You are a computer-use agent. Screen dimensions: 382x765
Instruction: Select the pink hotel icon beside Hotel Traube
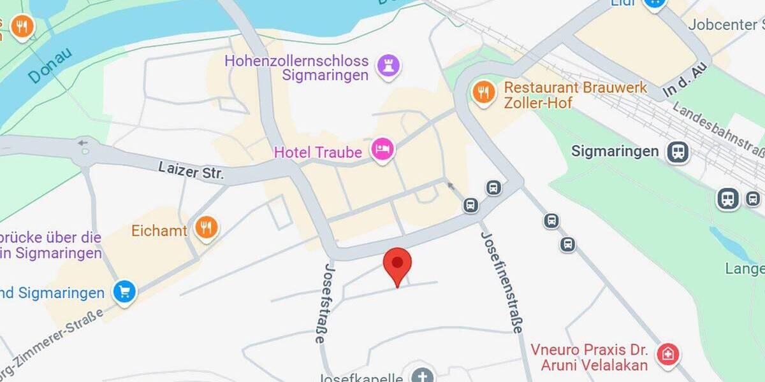pyautogui.click(x=382, y=150)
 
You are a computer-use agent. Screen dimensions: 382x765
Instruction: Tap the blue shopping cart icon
pyautogui.click(x=124, y=292)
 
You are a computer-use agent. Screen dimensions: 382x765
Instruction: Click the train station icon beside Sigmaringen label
pyautogui.click(x=678, y=152)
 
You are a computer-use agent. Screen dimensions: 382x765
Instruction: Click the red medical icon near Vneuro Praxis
pyautogui.click(x=667, y=353)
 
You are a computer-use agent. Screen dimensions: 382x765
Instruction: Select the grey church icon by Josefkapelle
pyautogui.click(x=421, y=376)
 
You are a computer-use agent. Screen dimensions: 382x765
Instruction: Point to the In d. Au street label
pyautogui.click(x=686, y=81)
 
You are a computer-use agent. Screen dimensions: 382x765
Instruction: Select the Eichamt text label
pyautogui.click(x=159, y=230)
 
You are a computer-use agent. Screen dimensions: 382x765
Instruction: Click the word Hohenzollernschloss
pyautogui.click(x=296, y=61)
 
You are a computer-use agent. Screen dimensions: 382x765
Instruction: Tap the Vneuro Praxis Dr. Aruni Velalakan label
pyautogui.click(x=590, y=358)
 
